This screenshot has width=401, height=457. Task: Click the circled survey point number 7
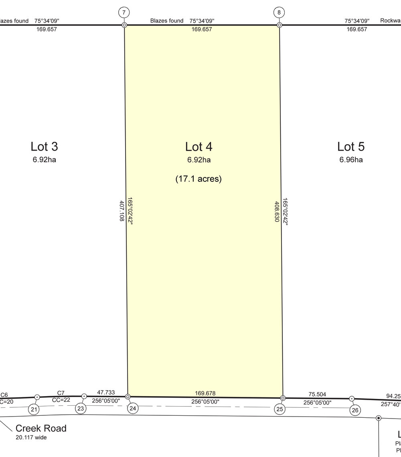[124, 12]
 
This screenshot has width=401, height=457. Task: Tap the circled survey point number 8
[279, 12]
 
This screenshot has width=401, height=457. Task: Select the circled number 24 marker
[133, 408]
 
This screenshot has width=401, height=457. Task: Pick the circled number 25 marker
[279, 409]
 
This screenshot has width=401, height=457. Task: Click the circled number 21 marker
[34, 409]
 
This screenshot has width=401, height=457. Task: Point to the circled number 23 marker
[81, 409]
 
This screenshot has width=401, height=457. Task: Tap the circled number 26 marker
[355, 411]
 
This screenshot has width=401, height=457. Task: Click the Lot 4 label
[199, 147]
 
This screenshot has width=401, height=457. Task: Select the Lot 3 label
[45, 147]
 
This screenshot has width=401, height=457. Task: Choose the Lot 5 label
[351, 147]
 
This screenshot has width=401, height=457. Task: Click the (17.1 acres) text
[199, 179]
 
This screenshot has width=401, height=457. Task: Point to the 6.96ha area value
[351, 160]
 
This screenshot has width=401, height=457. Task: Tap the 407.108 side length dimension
[122, 211]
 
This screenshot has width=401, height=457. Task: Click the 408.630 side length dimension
[277, 211]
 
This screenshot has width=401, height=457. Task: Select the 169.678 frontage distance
[205, 393]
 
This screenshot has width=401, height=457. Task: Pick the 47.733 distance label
[106, 392]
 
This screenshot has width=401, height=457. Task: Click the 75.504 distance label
[317, 395]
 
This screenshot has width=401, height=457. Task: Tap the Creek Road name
[41, 429]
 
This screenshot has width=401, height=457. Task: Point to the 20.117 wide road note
[31, 437]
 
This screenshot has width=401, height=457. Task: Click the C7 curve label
[61, 393]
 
